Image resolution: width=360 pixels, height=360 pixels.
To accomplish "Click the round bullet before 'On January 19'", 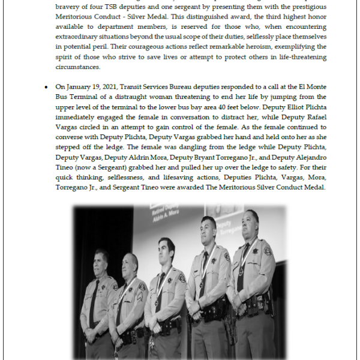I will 46,87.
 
